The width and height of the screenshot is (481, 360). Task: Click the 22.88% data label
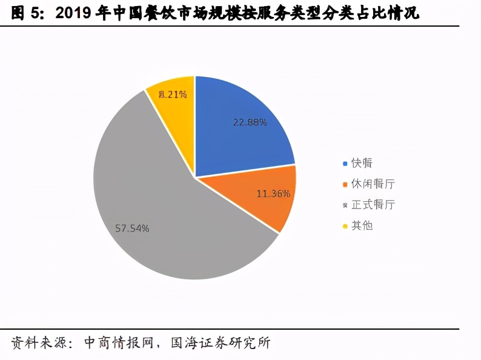pos(250,122)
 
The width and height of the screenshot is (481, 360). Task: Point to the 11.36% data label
pos(273,193)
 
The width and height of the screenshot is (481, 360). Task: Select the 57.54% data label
pos(132,228)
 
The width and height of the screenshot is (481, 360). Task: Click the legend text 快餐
pos(362,163)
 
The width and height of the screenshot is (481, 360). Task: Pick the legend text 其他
pos(362,225)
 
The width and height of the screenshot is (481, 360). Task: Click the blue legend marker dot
pos(345,164)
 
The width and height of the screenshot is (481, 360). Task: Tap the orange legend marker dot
pos(345,184)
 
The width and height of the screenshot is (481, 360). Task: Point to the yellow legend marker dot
pos(345,226)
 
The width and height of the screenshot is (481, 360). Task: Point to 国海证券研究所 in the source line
pos(221,343)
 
